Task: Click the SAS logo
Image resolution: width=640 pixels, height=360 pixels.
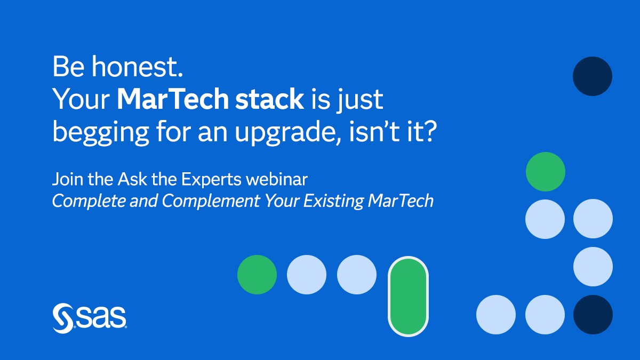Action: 90,318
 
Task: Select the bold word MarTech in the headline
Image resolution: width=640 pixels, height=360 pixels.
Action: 173,99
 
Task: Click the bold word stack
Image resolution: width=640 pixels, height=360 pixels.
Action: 269,99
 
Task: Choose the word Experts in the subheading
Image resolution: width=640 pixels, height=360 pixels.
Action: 211,180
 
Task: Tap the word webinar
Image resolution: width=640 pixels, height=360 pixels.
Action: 277,179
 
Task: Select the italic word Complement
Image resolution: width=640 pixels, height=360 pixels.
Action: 211,201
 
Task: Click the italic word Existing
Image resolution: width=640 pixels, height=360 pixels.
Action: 333,201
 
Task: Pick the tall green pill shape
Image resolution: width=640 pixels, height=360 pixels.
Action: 408,297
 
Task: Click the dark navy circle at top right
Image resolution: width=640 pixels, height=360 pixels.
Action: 593,76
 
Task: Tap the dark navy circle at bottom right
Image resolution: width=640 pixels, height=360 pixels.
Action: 593,315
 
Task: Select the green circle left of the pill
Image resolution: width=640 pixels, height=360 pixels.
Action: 257,275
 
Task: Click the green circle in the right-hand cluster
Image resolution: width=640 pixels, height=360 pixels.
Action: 546,172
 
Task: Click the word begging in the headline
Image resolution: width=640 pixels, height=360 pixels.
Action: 101,133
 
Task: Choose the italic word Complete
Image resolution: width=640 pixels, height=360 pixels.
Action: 89,201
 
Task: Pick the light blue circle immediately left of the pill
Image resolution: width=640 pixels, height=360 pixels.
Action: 357,275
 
